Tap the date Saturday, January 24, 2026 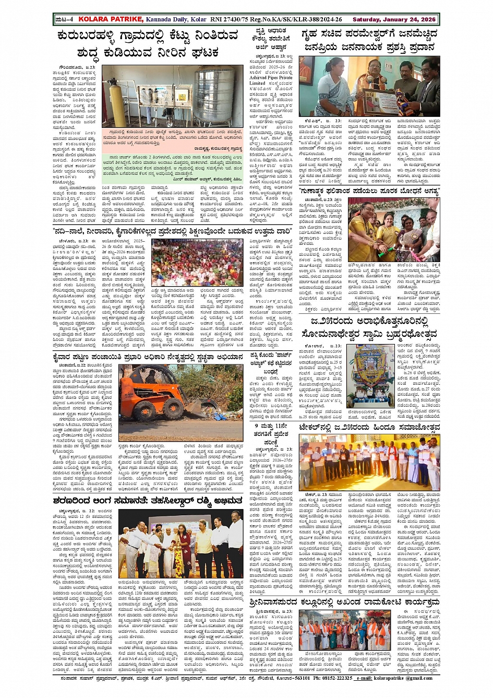pyautogui.click(x=394, y=19)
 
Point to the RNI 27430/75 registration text pyautogui.click(x=229, y=19)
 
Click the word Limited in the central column pyautogui.click(x=257, y=84)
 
